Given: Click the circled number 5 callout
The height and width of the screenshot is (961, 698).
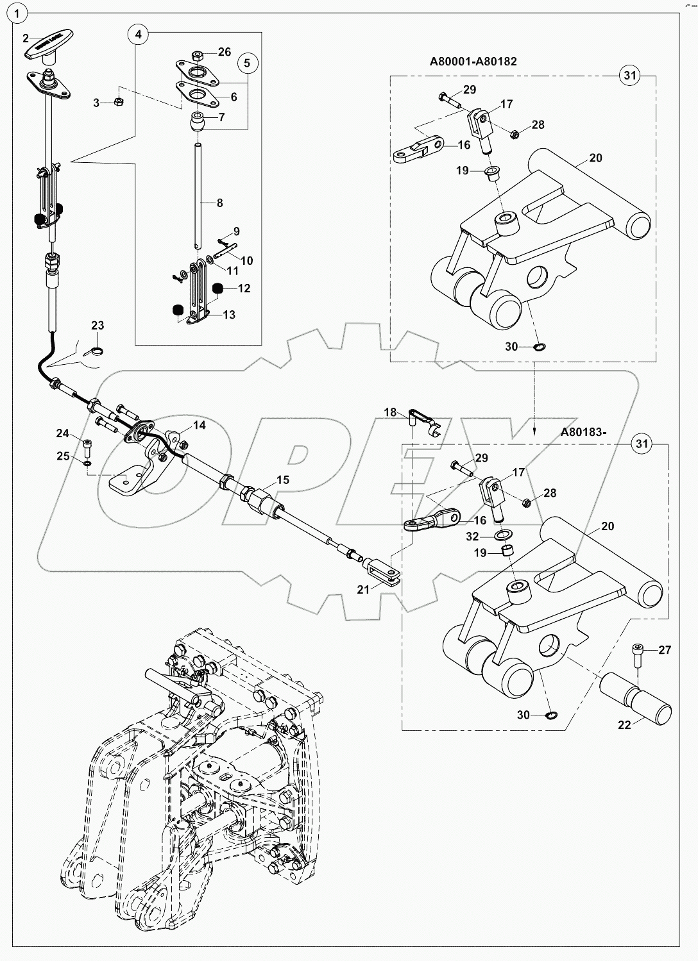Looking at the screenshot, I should pyautogui.click(x=248, y=63).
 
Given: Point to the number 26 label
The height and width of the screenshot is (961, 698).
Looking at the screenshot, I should pyautogui.click(x=224, y=51).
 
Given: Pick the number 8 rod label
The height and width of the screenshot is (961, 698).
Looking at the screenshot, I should pyautogui.click(x=219, y=203).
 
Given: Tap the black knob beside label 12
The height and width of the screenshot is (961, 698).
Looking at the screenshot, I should pyautogui.click(x=217, y=288).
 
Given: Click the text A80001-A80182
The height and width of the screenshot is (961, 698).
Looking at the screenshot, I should pyautogui.click(x=473, y=62).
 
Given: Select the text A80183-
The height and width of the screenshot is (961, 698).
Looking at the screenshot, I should pyautogui.click(x=583, y=432).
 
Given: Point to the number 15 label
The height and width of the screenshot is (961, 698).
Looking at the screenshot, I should pyautogui.click(x=283, y=480).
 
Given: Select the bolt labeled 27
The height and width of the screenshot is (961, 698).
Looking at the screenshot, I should pyautogui.click(x=638, y=655).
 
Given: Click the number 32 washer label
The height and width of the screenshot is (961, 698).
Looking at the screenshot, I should pyautogui.click(x=472, y=536).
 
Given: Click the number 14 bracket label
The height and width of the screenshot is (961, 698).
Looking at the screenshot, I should pyautogui.click(x=199, y=425).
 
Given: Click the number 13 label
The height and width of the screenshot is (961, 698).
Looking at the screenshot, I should pyautogui.click(x=228, y=314).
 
